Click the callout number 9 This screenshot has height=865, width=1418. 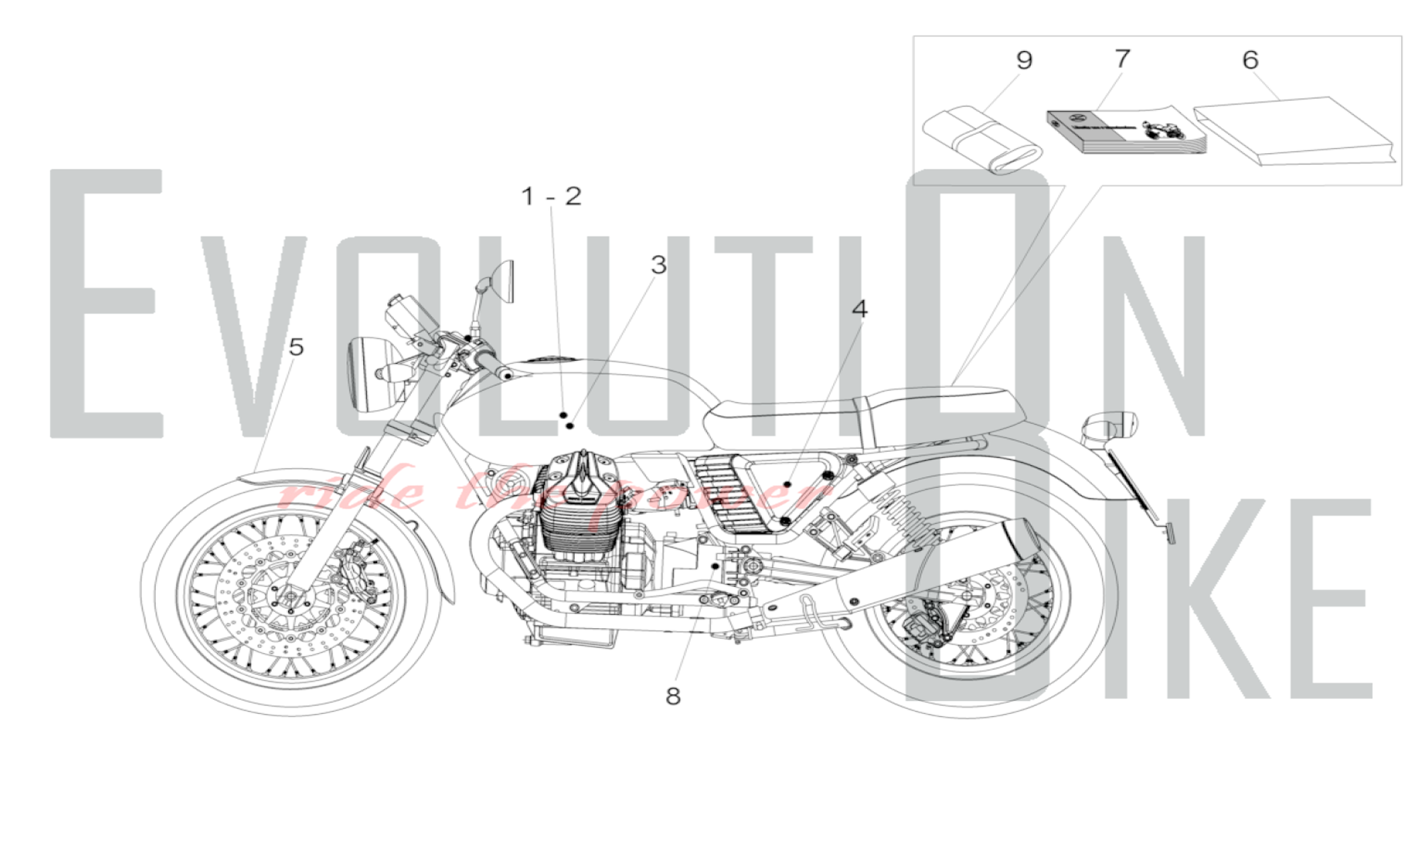1024,60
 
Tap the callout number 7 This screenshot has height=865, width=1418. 1122,58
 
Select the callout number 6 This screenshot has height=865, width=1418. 1250,60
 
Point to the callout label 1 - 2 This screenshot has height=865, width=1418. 551,196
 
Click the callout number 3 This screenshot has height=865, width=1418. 659,265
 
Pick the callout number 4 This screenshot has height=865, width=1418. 859,309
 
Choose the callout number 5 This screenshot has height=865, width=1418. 296,347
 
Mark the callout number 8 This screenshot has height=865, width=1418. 673,696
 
